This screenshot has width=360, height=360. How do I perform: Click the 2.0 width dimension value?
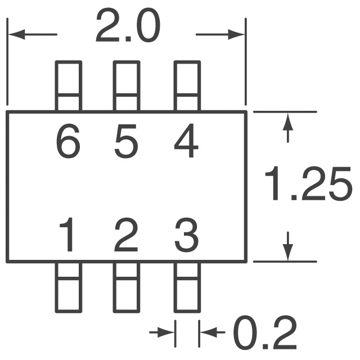coord(128,26)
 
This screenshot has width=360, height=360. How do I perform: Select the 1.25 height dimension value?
coord(308,183)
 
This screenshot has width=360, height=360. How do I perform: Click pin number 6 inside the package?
coord(68,141)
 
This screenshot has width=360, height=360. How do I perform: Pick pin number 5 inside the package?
coord(126,141)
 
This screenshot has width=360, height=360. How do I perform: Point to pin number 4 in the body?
coord(186,141)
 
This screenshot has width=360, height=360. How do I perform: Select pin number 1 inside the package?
coord(67,235)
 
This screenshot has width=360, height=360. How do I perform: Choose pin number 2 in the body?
coord(126,235)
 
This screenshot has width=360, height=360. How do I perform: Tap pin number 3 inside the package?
coord(186,235)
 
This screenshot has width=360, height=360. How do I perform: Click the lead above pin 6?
coord(69,86)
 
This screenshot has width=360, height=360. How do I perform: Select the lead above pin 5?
coord(127,86)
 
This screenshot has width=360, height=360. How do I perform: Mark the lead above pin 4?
coord(187,86)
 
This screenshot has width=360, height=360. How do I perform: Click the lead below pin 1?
coord(69,287)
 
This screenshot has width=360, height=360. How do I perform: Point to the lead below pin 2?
coord(127,287)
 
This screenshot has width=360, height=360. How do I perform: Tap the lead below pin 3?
coord(187,287)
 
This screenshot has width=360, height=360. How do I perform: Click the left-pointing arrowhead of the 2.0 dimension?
coord(16,34)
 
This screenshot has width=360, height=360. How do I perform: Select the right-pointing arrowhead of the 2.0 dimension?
coord(236,34)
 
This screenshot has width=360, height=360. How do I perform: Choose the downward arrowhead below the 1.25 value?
coord(288,253)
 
